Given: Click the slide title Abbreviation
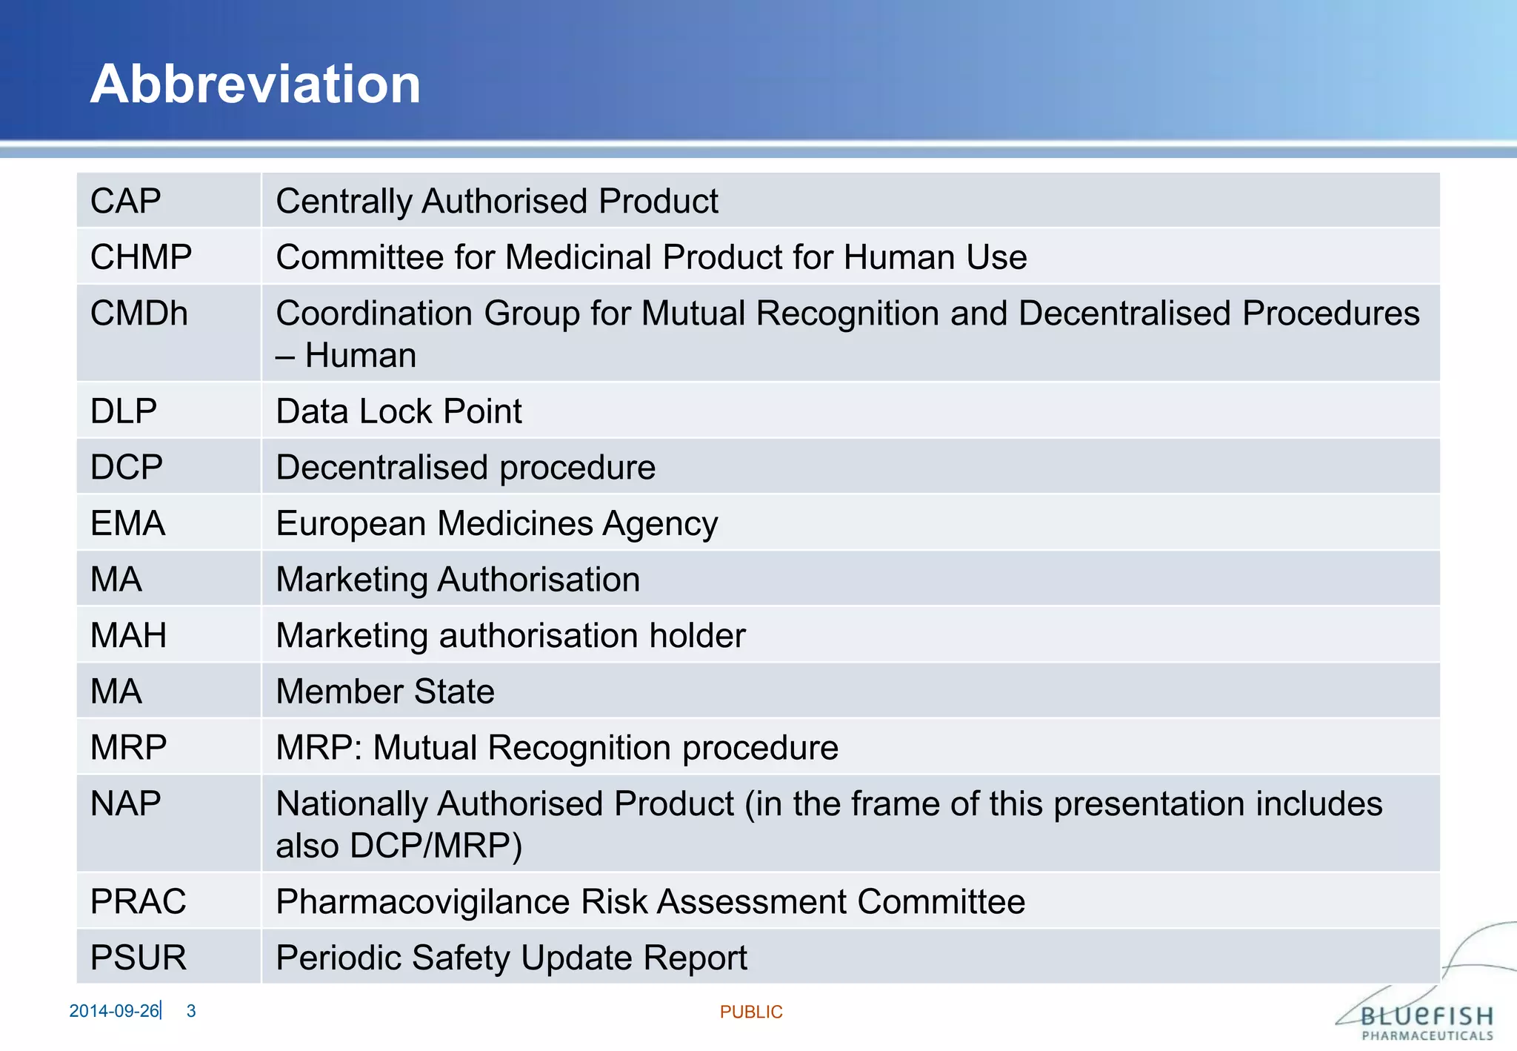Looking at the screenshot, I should click(x=256, y=84).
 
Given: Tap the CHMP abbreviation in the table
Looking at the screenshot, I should click(x=141, y=257).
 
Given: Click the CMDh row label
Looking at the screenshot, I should click(x=139, y=314).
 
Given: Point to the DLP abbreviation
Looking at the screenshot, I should click(x=124, y=411).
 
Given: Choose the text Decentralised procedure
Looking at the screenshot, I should click(x=465, y=468).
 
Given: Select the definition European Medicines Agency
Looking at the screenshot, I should click(x=496, y=524).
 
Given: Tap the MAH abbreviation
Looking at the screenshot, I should click(x=128, y=636).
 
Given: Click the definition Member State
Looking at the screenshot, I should click(x=385, y=692).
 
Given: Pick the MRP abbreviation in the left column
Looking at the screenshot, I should click(x=128, y=747).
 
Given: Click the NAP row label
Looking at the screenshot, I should click(x=126, y=804).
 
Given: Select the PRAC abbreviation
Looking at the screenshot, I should click(x=138, y=902).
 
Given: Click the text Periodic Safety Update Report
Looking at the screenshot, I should click(x=511, y=958).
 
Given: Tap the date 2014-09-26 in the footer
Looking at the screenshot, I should click(x=114, y=1011).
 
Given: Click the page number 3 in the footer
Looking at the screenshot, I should click(x=191, y=1011).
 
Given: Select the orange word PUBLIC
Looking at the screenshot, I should click(x=751, y=1012).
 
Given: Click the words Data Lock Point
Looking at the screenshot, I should click(x=399, y=411).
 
